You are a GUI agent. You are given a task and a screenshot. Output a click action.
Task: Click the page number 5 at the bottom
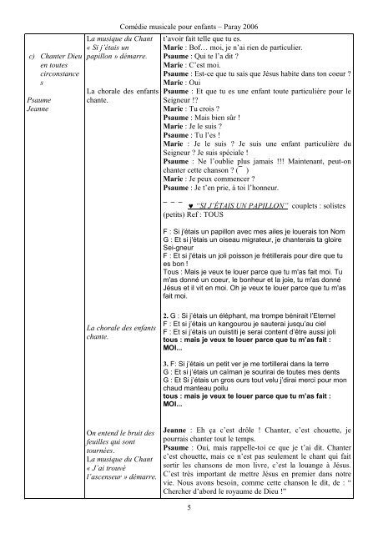(x=189, y=506)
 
